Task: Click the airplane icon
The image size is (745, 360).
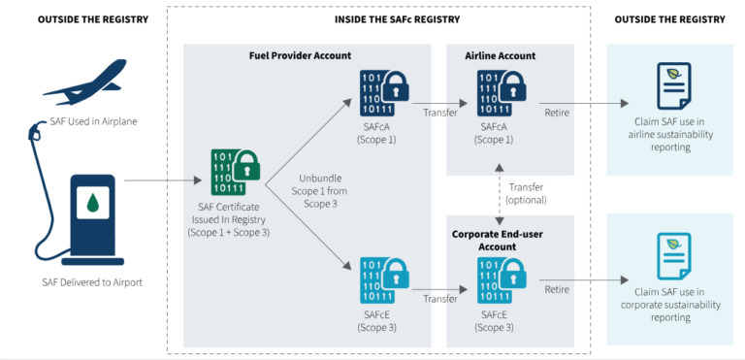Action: coord(85,82)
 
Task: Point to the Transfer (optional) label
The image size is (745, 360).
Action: coord(526,193)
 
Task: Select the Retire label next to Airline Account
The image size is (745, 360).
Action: coord(557,113)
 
